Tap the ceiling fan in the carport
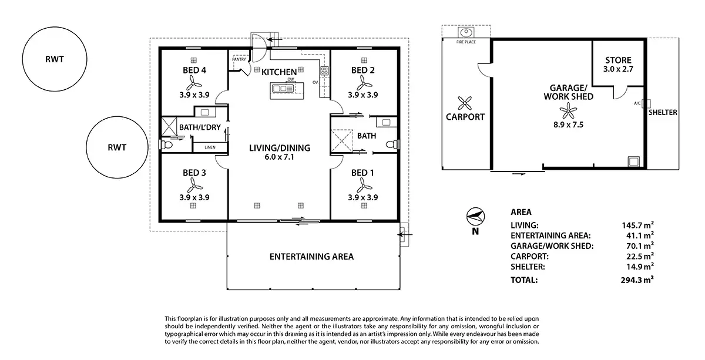coord(465,103)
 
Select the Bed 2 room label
coord(363,70)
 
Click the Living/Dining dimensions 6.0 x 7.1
coord(279,157)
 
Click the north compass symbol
coord(475,216)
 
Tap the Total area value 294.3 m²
coord(637,280)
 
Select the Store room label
coord(618,60)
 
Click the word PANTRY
coord(239,59)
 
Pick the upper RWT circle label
coord(55,59)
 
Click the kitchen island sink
coord(283,89)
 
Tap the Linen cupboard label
coord(210,147)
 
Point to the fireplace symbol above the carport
coord(466,32)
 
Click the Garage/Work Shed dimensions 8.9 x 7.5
coord(569,125)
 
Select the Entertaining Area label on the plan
coord(311,257)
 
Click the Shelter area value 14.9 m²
coord(640,267)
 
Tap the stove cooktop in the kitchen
coord(324,70)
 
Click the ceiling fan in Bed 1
coord(364,186)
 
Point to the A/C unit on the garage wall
coord(646,103)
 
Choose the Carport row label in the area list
coord(529,256)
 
